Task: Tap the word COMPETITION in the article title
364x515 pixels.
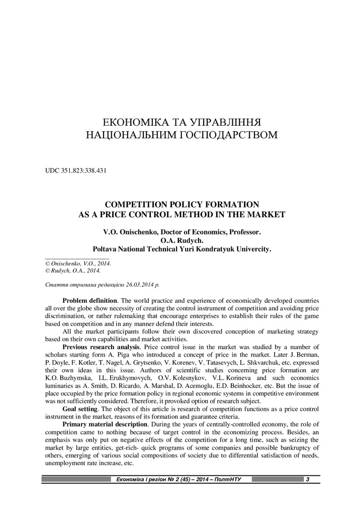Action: (133, 205)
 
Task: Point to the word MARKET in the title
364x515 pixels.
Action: (268, 214)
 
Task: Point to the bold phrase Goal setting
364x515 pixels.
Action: (79, 408)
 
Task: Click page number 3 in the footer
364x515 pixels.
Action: (307, 479)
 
